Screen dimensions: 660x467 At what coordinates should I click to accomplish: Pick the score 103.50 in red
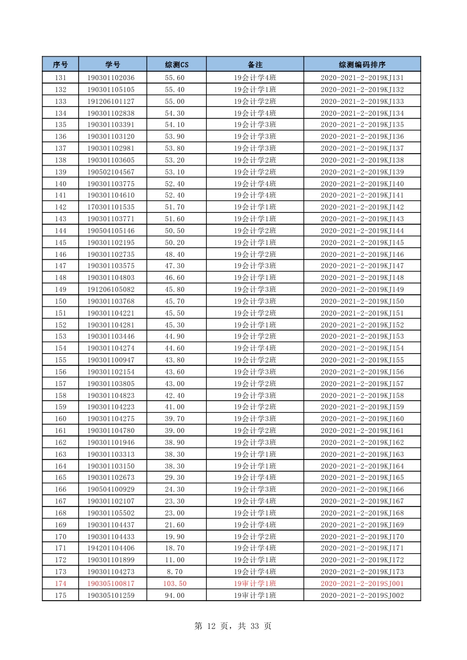click(x=174, y=584)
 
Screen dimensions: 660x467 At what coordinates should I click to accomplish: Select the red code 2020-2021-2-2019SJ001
click(x=362, y=584)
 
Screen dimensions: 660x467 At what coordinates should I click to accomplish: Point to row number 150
click(x=60, y=301)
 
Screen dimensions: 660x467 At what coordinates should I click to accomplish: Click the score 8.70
click(x=174, y=572)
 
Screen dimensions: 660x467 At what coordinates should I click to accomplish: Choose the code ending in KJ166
click(x=362, y=489)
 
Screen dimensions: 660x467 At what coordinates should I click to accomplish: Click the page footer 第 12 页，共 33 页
click(x=233, y=626)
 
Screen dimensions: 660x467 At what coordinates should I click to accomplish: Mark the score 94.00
click(x=174, y=596)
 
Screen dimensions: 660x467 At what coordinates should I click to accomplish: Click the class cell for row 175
click(x=255, y=596)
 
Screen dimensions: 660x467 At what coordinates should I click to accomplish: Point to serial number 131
click(x=60, y=78)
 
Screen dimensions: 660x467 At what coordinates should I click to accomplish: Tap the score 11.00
click(x=174, y=560)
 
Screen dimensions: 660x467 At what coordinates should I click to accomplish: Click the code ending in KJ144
click(x=362, y=231)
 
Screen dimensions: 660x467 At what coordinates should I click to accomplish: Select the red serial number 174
click(x=60, y=584)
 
